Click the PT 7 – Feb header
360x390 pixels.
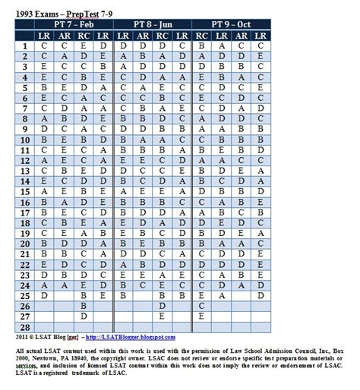click(x=74, y=24)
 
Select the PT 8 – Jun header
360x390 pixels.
click(x=152, y=24)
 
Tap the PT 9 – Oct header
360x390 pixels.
click(x=231, y=24)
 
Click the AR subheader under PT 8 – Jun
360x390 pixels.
click(x=142, y=35)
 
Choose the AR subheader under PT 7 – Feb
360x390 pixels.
click(x=64, y=35)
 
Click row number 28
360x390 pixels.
click(x=24, y=327)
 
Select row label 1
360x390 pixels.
click(x=24, y=46)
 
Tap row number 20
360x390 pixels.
click(x=24, y=244)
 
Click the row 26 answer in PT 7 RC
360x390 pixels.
click(x=84, y=306)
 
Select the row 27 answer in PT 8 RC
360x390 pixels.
click(x=162, y=316)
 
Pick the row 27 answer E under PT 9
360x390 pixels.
click(x=201, y=316)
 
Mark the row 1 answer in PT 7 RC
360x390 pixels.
click(x=84, y=46)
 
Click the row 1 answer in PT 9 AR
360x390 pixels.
click(x=221, y=46)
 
